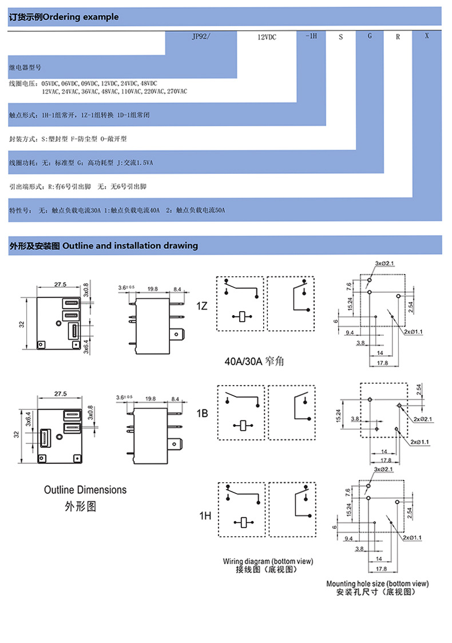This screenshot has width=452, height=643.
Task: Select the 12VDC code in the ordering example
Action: (267, 37)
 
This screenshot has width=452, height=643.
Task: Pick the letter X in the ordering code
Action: (427, 36)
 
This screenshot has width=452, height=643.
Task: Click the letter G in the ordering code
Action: (370, 36)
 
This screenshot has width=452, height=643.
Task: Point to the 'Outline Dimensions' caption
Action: (85, 490)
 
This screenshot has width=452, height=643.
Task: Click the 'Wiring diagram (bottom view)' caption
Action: (268, 561)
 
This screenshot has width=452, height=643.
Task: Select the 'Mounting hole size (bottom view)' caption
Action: (377, 584)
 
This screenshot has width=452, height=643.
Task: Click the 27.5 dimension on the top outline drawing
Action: (60, 284)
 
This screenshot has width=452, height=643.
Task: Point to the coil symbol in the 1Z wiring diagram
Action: (244, 316)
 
